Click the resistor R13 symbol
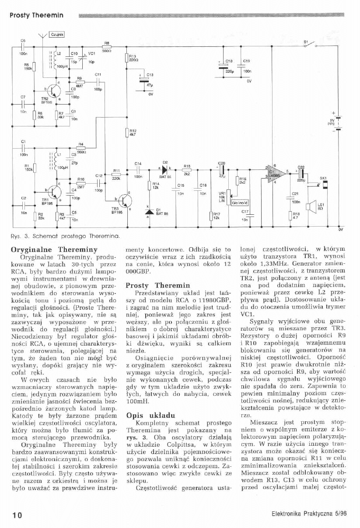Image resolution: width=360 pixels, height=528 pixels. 126,59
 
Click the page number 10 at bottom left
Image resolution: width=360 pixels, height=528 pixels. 17,514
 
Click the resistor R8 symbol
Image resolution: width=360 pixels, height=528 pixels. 106,46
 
